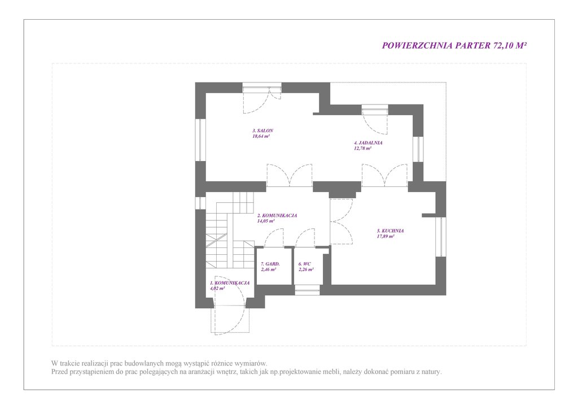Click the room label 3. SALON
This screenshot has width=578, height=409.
(x=262, y=130)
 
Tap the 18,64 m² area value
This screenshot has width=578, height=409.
(x=261, y=136)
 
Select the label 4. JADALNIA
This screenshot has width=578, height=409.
(x=368, y=143)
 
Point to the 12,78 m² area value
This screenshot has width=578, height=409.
(x=362, y=148)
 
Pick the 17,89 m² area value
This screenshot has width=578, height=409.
(x=386, y=236)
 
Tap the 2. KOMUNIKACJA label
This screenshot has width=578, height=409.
(x=277, y=216)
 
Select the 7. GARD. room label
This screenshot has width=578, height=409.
(x=270, y=264)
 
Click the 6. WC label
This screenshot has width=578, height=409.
(x=304, y=264)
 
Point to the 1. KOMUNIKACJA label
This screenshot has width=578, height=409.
(x=230, y=283)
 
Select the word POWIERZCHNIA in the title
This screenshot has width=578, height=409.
(x=417, y=45)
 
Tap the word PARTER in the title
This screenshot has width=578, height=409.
(x=473, y=45)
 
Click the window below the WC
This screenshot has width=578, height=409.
(x=307, y=290)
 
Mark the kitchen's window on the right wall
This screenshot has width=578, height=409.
(x=440, y=237)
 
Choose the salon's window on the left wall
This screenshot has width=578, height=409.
(x=200, y=140)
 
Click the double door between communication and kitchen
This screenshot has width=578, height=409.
(x=341, y=221)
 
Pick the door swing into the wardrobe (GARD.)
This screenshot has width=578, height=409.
(x=274, y=238)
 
